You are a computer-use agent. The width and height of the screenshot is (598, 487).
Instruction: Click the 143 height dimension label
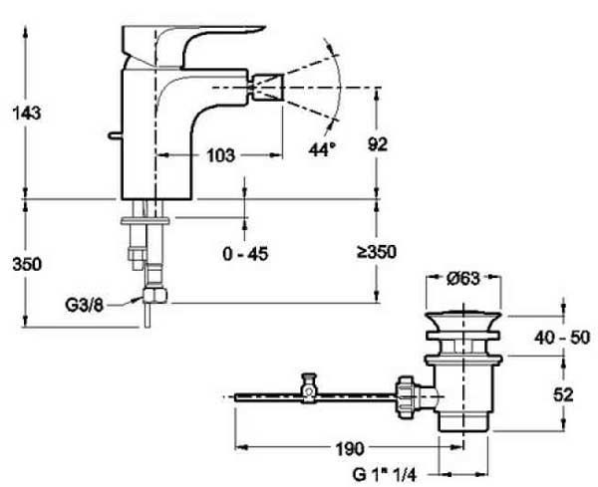pos(27,114)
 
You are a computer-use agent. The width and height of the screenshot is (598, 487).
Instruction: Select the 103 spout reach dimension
pos(220,155)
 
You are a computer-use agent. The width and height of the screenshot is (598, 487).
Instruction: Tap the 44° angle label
pos(323,149)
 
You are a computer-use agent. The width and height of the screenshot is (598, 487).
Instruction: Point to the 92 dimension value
pos(378,144)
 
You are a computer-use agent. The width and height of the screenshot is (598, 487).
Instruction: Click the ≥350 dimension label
pos(377,252)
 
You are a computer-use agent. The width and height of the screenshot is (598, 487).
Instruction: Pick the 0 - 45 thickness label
pos(245,254)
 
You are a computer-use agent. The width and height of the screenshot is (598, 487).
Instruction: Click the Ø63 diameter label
pos(462,279)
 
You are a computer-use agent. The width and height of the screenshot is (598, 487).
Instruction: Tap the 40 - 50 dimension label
pos(562,338)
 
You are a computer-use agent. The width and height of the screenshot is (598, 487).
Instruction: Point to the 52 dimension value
pos(563,395)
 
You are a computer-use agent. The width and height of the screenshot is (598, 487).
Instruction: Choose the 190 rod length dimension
pos(350,449)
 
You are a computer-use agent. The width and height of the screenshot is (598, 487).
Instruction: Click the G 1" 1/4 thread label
pos(385,475)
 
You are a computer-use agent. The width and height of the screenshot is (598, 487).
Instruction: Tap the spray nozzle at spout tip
pos(268,88)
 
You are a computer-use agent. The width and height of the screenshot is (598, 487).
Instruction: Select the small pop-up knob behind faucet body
pos(115,134)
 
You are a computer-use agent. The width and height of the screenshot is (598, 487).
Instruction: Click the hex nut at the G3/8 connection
pos(155,295)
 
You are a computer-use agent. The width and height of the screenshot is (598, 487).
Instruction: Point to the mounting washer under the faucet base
pos(145,221)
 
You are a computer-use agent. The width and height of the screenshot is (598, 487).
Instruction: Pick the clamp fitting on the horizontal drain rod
pos(309,388)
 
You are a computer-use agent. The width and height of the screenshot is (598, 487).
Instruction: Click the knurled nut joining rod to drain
pos(405,397)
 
